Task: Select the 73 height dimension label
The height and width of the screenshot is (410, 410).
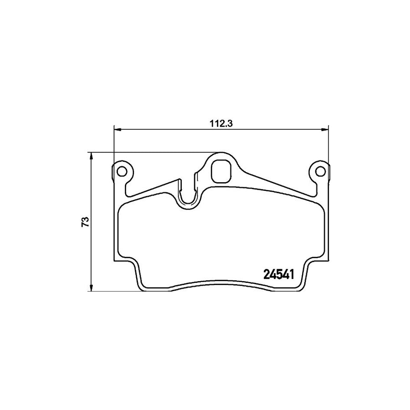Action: (x=84, y=222)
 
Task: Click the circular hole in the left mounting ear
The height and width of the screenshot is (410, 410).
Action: (x=122, y=171)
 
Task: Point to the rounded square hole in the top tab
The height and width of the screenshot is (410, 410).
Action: (x=221, y=171)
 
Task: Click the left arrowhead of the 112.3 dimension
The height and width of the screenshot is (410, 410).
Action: (x=117, y=129)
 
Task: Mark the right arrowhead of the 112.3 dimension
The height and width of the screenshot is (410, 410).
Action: (x=324, y=129)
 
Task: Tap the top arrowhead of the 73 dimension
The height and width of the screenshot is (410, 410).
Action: (x=92, y=156)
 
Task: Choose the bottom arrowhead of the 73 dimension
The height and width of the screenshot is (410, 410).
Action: (x=92, y=287)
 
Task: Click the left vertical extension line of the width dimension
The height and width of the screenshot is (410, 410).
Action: (x=113, y=146)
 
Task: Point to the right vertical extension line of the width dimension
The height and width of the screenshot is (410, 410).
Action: (x=328, y=146)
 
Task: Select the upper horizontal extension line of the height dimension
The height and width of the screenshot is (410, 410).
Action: (x=150, y=153)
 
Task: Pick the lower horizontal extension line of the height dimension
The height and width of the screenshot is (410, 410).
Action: (x=114, y=291)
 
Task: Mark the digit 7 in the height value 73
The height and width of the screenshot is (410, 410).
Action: (x=84, y=225)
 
